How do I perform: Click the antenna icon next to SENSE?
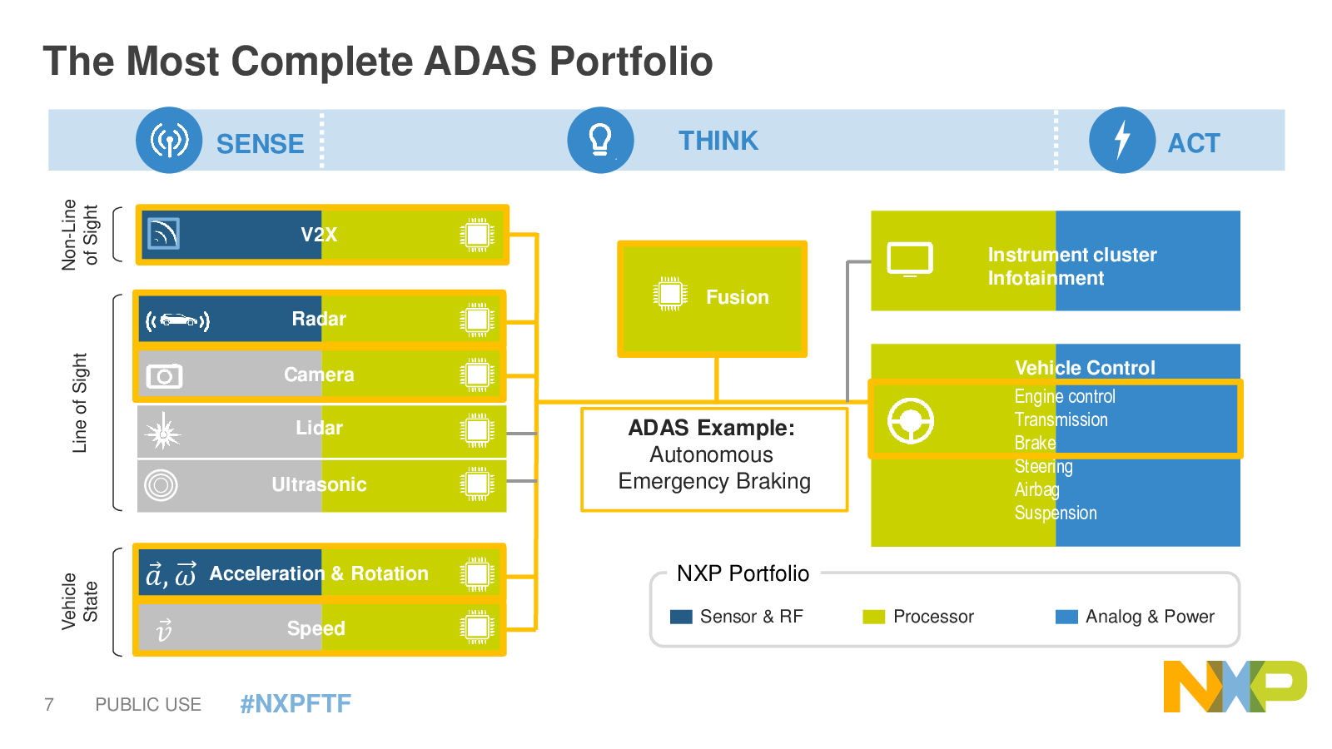(169, 141)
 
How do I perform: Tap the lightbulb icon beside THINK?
(600, 141)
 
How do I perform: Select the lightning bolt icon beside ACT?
(1121, 141)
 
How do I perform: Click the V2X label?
(319, 234)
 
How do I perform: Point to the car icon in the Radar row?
(178, 320)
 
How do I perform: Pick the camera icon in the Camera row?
(164, 375)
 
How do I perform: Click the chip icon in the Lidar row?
(477, 429)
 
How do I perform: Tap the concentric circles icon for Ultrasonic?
(161, 485)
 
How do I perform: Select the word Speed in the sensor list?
(316, 628)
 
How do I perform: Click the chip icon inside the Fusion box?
(670, 294)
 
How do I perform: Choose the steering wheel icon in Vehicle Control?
(911, 421)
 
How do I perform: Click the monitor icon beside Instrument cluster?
(910, 260)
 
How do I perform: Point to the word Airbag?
(1036, 490)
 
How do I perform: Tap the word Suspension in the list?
(1056, 513)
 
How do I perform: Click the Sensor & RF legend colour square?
(681, 617)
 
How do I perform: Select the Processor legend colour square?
(873, 617)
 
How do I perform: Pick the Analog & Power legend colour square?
(1066, 617)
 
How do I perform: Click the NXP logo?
(1235, 686)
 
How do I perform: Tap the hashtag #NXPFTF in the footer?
(296, 704)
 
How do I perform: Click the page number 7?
(49, 704)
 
